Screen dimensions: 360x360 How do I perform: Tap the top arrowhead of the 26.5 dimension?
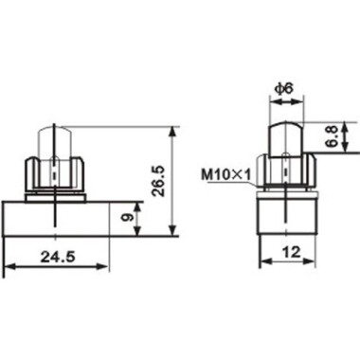pos(171,129)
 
